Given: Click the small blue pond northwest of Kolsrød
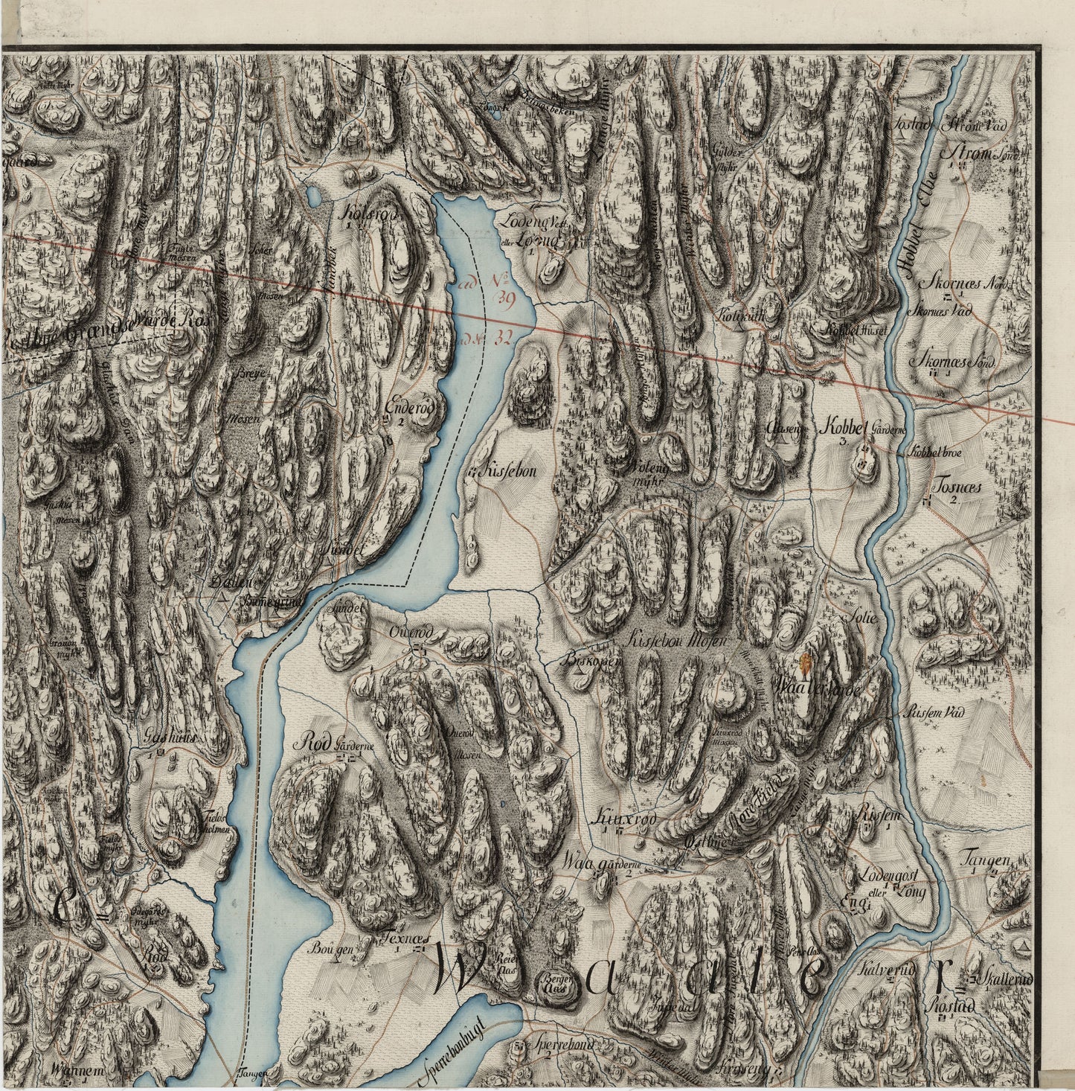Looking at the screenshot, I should (314, 198).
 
